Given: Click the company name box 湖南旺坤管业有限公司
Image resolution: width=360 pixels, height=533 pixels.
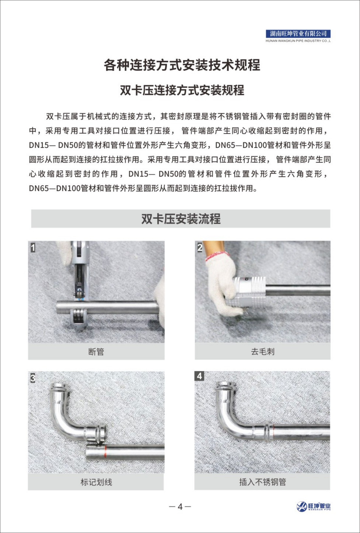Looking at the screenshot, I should click(298, 34).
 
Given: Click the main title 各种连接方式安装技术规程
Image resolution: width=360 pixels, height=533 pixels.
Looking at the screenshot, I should click(182, 65).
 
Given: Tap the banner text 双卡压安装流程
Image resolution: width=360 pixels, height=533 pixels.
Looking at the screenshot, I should click(180, 219).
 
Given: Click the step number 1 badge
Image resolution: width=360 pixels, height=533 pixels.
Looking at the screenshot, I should click(33, 248).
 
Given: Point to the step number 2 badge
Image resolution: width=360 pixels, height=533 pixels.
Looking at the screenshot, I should click(200, 248).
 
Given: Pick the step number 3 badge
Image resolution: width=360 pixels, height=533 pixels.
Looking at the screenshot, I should click(33, 378).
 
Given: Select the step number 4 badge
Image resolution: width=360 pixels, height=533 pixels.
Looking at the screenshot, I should click(199, 376).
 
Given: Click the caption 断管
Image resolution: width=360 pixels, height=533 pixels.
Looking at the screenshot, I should click(96, 352).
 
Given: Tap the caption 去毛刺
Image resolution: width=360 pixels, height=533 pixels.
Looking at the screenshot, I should click(262, 352).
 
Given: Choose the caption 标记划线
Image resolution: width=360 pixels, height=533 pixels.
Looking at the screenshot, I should click(96, 482).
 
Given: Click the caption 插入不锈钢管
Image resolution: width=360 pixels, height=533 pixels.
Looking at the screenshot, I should click(262, 482).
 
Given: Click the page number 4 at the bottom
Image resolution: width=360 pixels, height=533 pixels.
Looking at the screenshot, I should click(180, 507).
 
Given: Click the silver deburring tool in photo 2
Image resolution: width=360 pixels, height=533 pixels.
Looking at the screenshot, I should click(250, 290).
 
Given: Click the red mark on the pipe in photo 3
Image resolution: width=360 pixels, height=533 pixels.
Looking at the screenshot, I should click(105, 452).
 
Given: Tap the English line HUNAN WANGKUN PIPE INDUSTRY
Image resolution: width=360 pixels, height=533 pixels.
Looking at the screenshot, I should click(298, 41).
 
